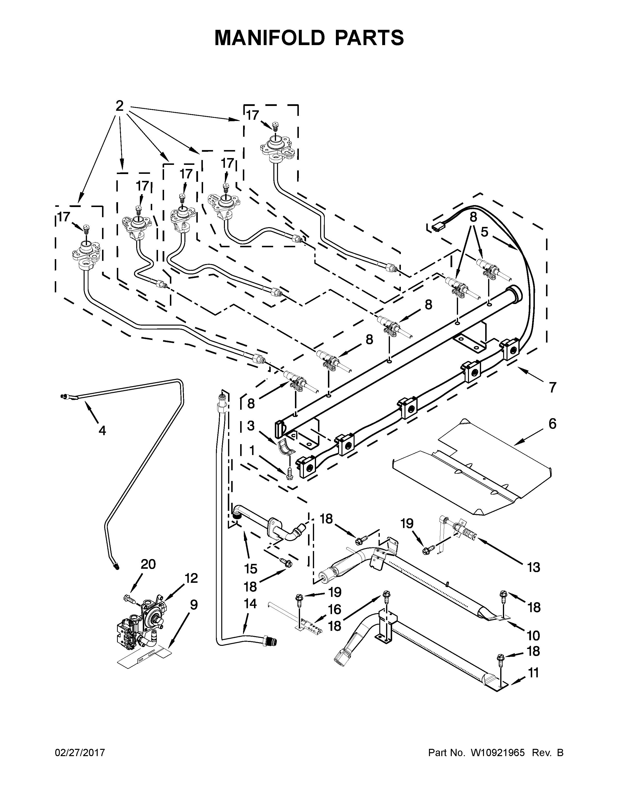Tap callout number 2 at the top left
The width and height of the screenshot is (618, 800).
coord(119,106)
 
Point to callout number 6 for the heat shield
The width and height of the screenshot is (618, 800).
coord(552,424)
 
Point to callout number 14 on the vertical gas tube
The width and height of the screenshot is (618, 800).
coord(250,603)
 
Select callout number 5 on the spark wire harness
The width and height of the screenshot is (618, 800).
coord(484,232)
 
